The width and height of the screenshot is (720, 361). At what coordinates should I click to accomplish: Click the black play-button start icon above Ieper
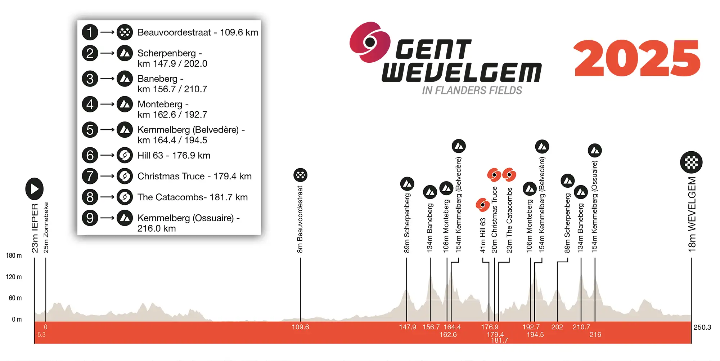pos(35,189)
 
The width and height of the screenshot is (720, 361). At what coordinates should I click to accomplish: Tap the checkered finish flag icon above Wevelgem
pos(691,162)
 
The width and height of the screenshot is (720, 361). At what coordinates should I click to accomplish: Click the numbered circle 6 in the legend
pos(90,155)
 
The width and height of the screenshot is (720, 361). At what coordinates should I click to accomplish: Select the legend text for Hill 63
pos(174,155)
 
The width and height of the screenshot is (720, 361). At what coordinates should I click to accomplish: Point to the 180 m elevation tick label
pos(14,256)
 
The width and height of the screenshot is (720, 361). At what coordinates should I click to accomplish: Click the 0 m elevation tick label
pos(17,320)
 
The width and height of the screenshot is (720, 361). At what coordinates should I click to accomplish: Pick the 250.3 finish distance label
pos(702,327)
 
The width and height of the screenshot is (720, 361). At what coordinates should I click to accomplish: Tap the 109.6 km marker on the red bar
pos(300,327)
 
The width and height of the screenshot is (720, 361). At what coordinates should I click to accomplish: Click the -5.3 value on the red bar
pos(40,335)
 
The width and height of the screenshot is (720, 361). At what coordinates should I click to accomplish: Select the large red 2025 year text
pos(637,58)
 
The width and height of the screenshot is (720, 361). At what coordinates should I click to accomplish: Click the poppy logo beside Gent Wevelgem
pos(370,42)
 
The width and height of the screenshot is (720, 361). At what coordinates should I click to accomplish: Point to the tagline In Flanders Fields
pos(472,90)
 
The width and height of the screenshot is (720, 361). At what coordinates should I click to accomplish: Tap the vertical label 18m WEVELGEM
pos(692,214)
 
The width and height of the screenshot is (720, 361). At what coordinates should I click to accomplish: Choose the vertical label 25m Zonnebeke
pos(46,227)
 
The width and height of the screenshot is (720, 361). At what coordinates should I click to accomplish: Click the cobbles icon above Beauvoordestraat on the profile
pos(300,175)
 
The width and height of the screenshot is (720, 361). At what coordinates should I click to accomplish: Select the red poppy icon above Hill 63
pos(482,205)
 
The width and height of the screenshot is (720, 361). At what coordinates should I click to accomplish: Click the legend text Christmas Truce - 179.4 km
pos(194,176)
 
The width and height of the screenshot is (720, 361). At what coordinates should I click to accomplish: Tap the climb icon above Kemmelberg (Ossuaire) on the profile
pos(595,151)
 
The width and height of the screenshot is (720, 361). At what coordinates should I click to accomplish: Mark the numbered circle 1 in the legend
pos(90,32)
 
